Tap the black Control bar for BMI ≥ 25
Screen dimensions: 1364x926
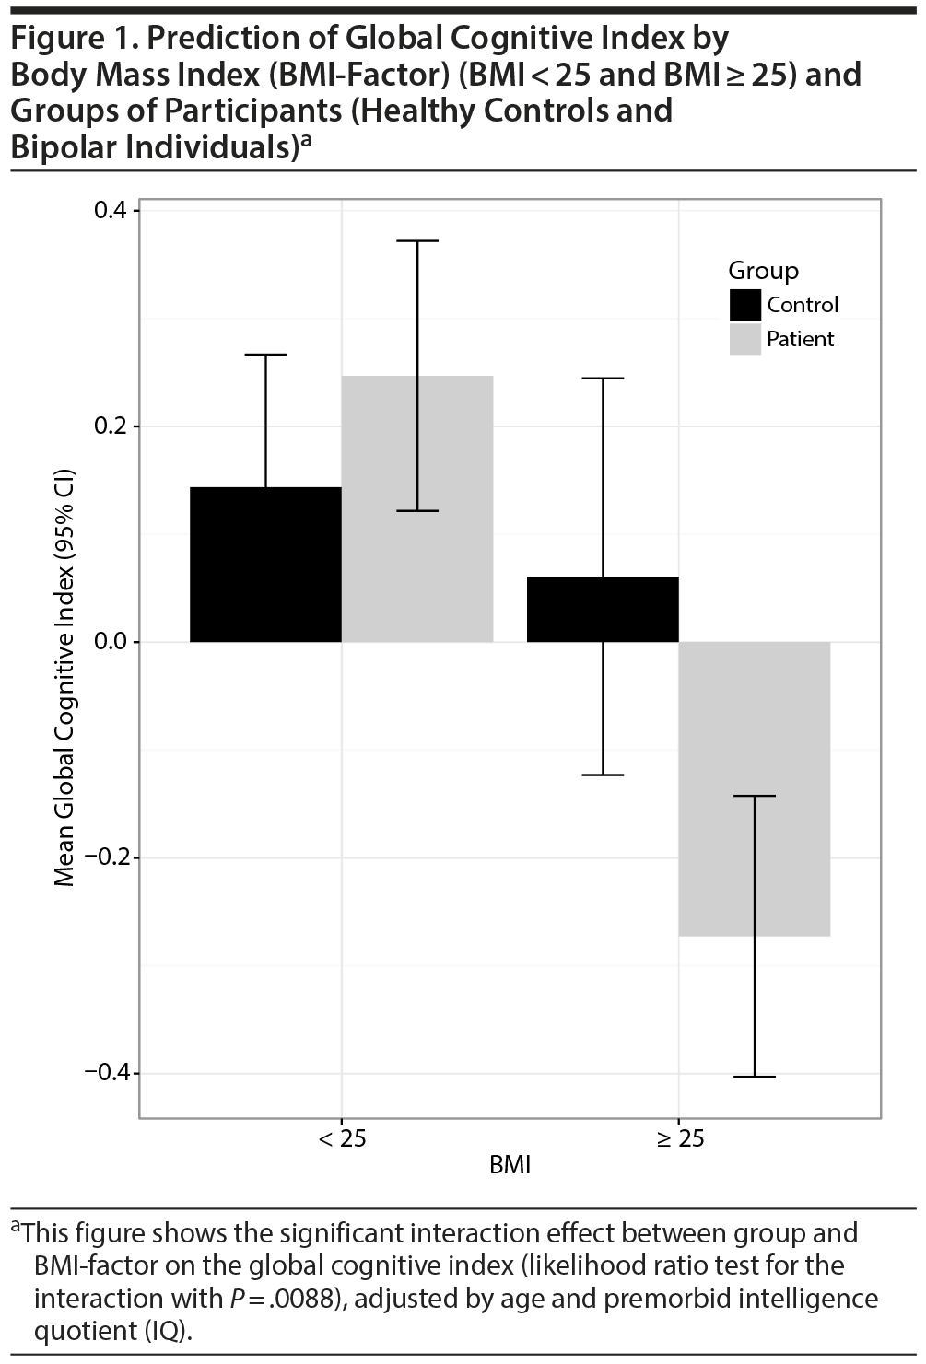point(603,609)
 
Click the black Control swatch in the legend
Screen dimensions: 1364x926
point(744,305)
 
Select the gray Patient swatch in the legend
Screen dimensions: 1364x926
point(744,339)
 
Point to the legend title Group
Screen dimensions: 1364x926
point(763,271)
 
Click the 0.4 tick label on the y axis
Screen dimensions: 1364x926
point(111,210)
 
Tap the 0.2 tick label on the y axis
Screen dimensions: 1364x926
point(111,426)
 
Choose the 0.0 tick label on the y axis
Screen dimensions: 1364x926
point(111,642)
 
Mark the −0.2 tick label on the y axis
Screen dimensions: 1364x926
point(106,857)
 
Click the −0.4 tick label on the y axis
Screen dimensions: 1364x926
point(106,1073)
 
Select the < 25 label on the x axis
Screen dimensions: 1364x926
point(342,1139)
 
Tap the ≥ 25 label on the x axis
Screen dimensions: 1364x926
point(680,1139)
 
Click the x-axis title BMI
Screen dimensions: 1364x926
point(510,1165)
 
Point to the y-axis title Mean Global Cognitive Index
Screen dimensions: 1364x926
point(64,682)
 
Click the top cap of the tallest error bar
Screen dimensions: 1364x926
point(417,241)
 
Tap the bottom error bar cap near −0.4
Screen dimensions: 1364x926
point(755,1077)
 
